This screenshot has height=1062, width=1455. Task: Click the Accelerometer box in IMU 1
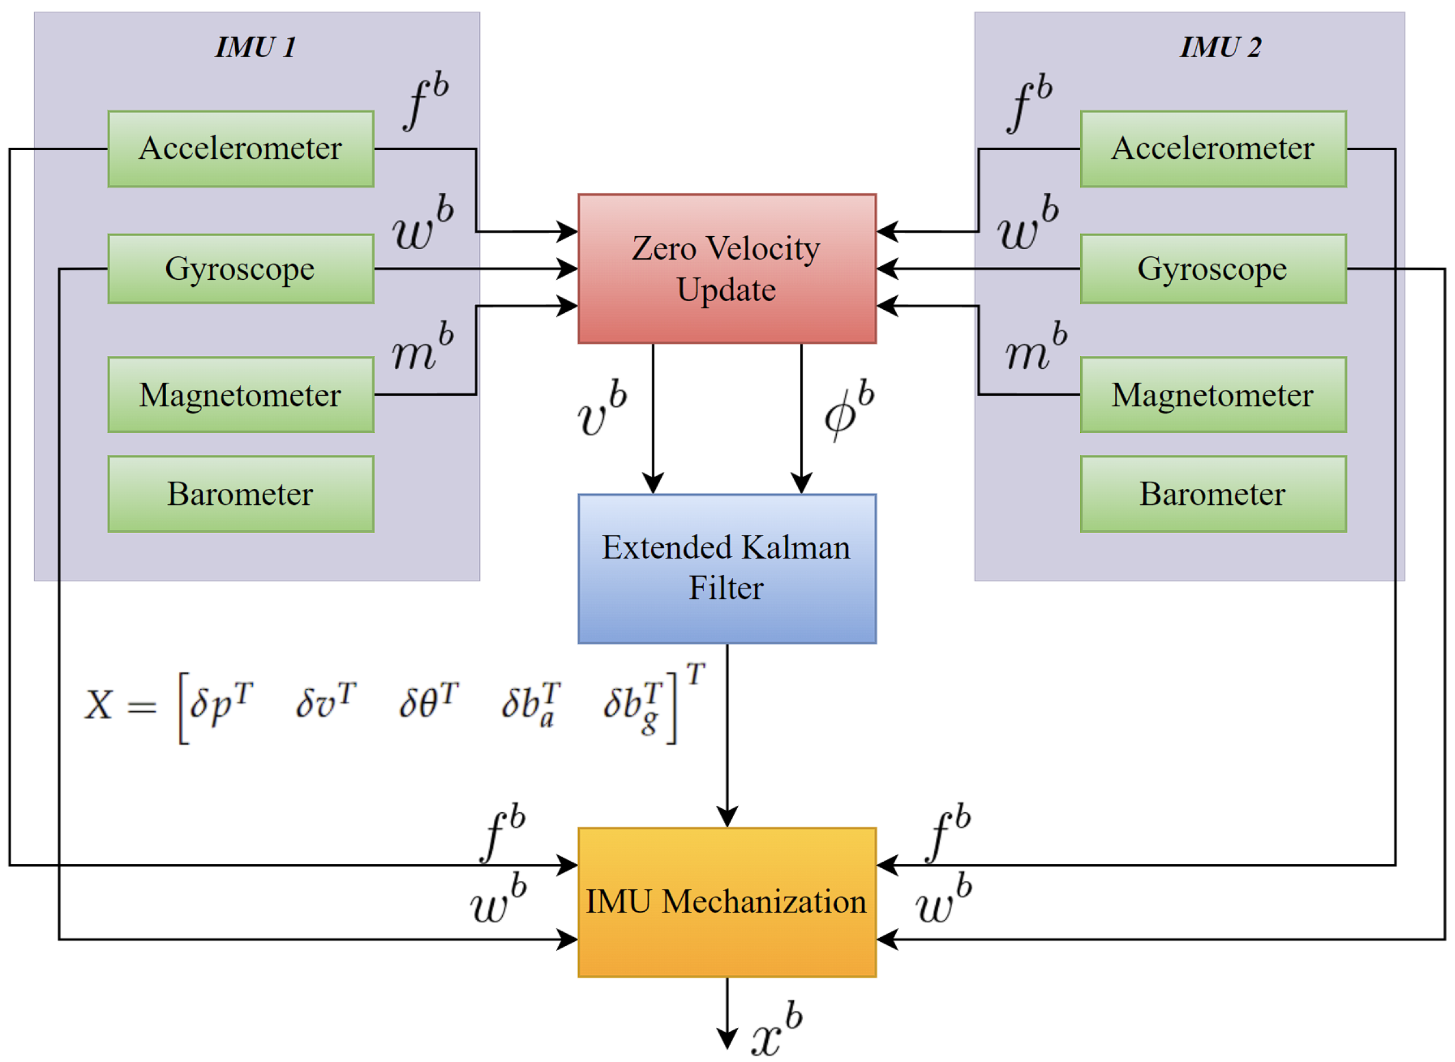[x=240, y=149]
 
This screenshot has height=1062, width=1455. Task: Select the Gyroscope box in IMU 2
[x=1213, y=269]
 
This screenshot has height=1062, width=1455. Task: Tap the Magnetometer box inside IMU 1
[x=240, y=395]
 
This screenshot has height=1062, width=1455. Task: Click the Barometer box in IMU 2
[x=1213, y=494]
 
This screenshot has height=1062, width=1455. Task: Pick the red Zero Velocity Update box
[x=727, y=269]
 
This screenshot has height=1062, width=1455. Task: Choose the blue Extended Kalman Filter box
[x=727, y=569]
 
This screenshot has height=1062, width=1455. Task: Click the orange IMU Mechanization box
[x=727, y=902]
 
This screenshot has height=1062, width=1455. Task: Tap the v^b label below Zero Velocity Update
[x=602, y=409]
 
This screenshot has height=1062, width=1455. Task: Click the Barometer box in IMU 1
[x=240, y=494]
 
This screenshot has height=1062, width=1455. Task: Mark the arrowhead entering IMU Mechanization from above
[x=727, y=818]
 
